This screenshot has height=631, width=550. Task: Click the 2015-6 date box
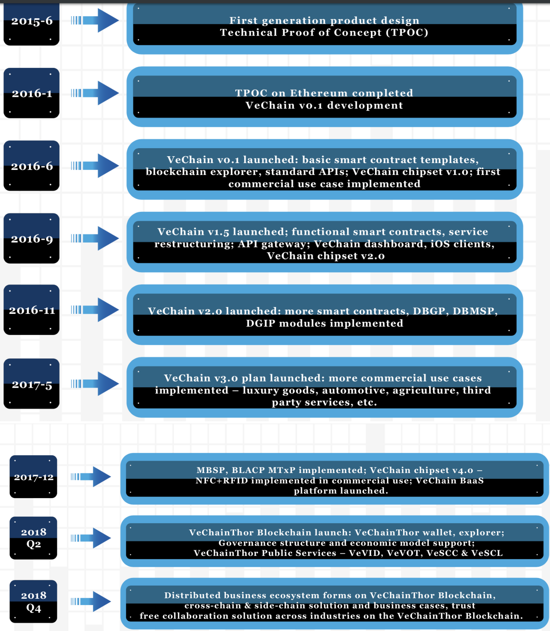click(x=31, y=24)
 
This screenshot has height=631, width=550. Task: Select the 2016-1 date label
click(x=32, y=93)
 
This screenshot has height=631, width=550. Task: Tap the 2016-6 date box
click(x=31, y=166)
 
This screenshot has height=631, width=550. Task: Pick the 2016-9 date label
click(x=32, y=239)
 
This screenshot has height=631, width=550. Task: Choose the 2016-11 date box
click(x=31, y=310)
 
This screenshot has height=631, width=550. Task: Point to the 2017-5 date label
click(x=32, y=385)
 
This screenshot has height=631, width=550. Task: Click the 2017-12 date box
click(x=33, y=476)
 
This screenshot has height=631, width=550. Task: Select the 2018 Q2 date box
click(x=33, y=538)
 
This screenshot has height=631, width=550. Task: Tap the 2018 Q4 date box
click(x=33, y=601)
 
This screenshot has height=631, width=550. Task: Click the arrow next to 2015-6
click(x=95, y=20)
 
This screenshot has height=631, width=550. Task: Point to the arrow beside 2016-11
click(x=95, y=310)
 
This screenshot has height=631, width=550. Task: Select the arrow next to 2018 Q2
click(x=91, y=538)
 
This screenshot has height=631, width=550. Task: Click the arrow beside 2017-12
click(x=91, y=476)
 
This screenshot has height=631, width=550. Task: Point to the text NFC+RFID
click(x=222, y=481)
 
